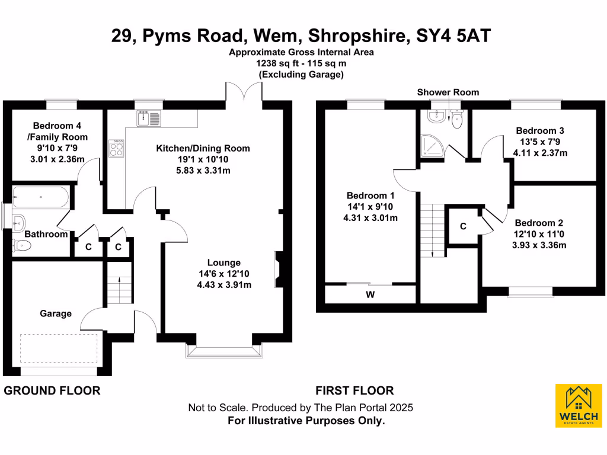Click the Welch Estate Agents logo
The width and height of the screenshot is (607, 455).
[578, 406]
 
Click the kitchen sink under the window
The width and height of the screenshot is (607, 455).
[148, 118]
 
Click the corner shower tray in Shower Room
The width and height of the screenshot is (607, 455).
[432, 144]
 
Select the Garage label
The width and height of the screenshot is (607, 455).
[56, 313]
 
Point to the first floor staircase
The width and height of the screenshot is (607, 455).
[432, 228]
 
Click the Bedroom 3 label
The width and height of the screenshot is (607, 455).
[539, 130]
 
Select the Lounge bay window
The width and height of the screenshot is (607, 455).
[224, 351]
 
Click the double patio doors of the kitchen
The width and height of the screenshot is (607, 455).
[244, 92]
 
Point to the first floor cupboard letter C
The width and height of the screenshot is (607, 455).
[463, 226]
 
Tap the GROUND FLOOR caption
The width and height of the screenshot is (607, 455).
[52, 390]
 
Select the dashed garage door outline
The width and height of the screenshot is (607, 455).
[59, 348]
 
